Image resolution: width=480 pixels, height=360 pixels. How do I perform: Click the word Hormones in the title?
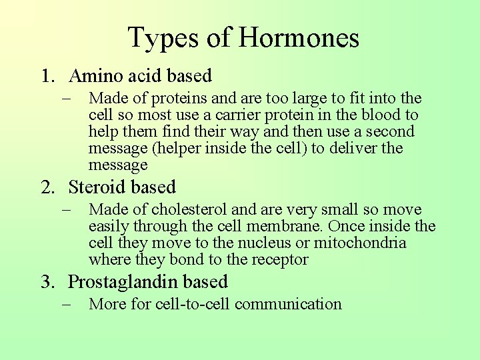tap(299, 37)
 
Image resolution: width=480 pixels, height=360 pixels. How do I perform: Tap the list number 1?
tap(45, 76)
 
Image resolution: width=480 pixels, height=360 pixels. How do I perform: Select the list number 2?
tap(46, 187)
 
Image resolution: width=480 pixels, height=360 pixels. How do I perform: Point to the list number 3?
tap(46, 282)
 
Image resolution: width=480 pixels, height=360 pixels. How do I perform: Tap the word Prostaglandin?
tap(125, 283)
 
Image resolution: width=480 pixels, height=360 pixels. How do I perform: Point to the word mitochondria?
tap(360, 243)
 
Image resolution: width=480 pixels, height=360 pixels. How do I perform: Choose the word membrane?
tap(287, 227)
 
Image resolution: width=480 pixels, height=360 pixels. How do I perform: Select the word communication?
tap(288, 304)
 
